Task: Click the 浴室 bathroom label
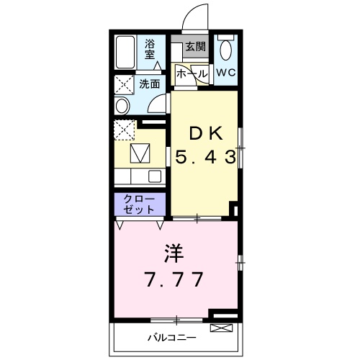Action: point(149,50)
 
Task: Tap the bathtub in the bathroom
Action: point(125,53)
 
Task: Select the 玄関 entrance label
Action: point(196,46)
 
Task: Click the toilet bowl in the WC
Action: point(226,50)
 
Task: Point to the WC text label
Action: point(226,72)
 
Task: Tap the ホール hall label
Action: point(192,73)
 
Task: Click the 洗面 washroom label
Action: point(150,84)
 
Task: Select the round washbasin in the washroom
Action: point(122,106)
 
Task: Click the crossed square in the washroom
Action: point(124,85)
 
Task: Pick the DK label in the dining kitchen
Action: point(206,135)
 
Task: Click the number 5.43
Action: point(205,157)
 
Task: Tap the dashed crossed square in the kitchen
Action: point(124,130)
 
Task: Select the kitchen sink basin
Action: point(155,176)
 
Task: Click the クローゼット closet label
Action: point(139,204)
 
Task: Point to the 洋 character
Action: point(174,253)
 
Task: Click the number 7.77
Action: point(174,279)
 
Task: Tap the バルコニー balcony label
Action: point(172,338)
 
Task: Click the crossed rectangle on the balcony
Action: point(221,328)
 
